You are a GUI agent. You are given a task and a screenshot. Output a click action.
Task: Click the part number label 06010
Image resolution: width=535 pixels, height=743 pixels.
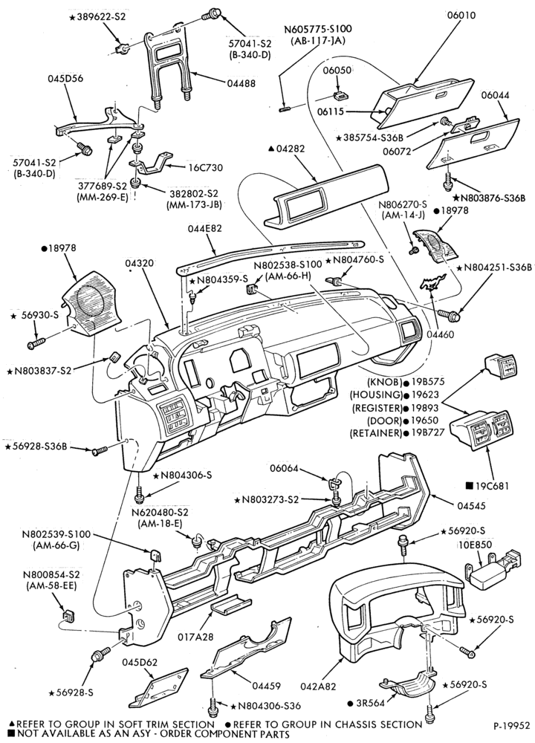pyautogui.click(x=461, y=16)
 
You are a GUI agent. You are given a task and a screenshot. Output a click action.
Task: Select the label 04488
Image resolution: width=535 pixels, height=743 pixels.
pyautogui.click(x=240, y=83)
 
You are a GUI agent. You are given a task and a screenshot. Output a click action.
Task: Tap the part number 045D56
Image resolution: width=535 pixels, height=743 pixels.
pyautogui.click(x=65, y=78)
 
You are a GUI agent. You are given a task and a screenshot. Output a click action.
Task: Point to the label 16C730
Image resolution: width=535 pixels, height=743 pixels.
pyautogui.click(x=205, y=167)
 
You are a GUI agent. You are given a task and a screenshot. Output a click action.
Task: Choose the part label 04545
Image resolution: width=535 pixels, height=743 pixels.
pyautogui.click(x=471, y=505)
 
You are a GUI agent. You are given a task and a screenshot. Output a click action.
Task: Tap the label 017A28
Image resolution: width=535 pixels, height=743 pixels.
pyautogui.click(x=194, y=637)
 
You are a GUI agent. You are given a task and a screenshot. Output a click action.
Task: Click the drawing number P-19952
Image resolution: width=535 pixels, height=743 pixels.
pyautogui.click(x=510, y=725)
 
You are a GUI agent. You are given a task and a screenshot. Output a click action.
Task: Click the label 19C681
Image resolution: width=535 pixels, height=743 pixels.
pyautogui.click(x=492, y=485)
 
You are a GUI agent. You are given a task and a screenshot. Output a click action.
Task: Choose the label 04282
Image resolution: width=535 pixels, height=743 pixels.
pyautogui.click(x=289, y=149)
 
